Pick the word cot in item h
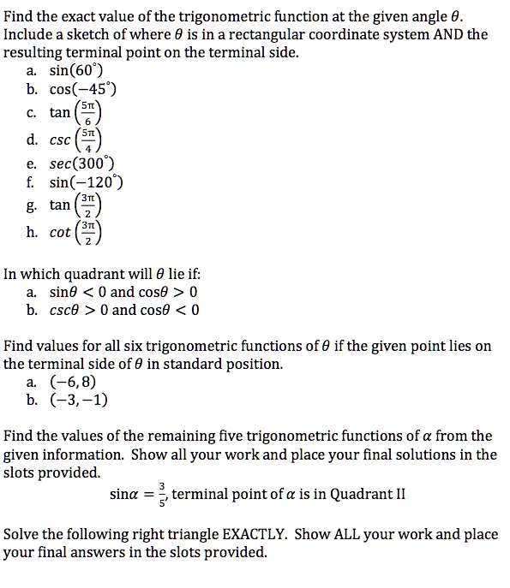(62, 232)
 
